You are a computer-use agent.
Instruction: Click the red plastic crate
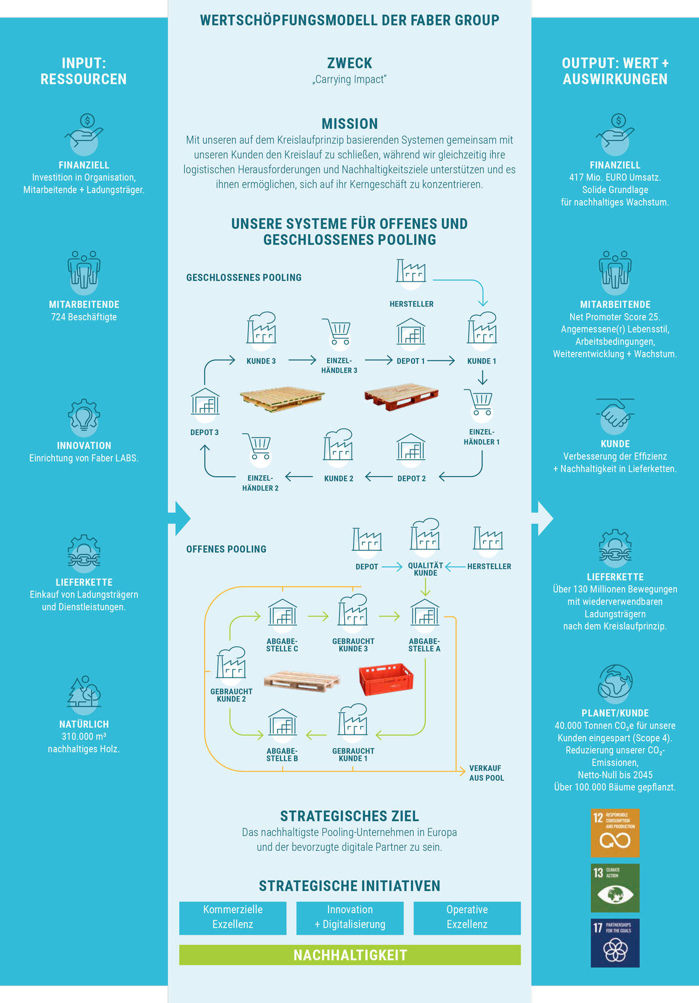[x=386, y=679]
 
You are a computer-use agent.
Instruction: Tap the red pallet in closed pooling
[x=401, y=397]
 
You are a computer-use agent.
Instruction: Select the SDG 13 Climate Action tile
[x=615, y=888]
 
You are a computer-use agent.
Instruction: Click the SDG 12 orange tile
[x=615, y=833]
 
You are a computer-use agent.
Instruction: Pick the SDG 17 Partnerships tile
[x=615, y=943]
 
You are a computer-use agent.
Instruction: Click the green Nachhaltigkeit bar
[x=350, y=955]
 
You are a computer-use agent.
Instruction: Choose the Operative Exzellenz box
[x=467, y=918]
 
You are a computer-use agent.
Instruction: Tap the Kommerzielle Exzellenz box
[x=233, y=918]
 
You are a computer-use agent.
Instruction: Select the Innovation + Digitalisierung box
[x=350, y=918]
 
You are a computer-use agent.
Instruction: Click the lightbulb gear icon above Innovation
[x=84, y=415]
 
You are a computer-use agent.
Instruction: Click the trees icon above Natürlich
[x=84, y=692]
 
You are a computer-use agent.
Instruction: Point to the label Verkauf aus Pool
[x=486, y=773]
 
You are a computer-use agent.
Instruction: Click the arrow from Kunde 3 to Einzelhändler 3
[x=302, y=360]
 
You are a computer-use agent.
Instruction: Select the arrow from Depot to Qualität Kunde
[x=392, y=567]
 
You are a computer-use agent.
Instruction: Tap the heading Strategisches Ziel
[x=349, y=816]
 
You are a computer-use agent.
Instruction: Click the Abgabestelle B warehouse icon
[x=283, y=722]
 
